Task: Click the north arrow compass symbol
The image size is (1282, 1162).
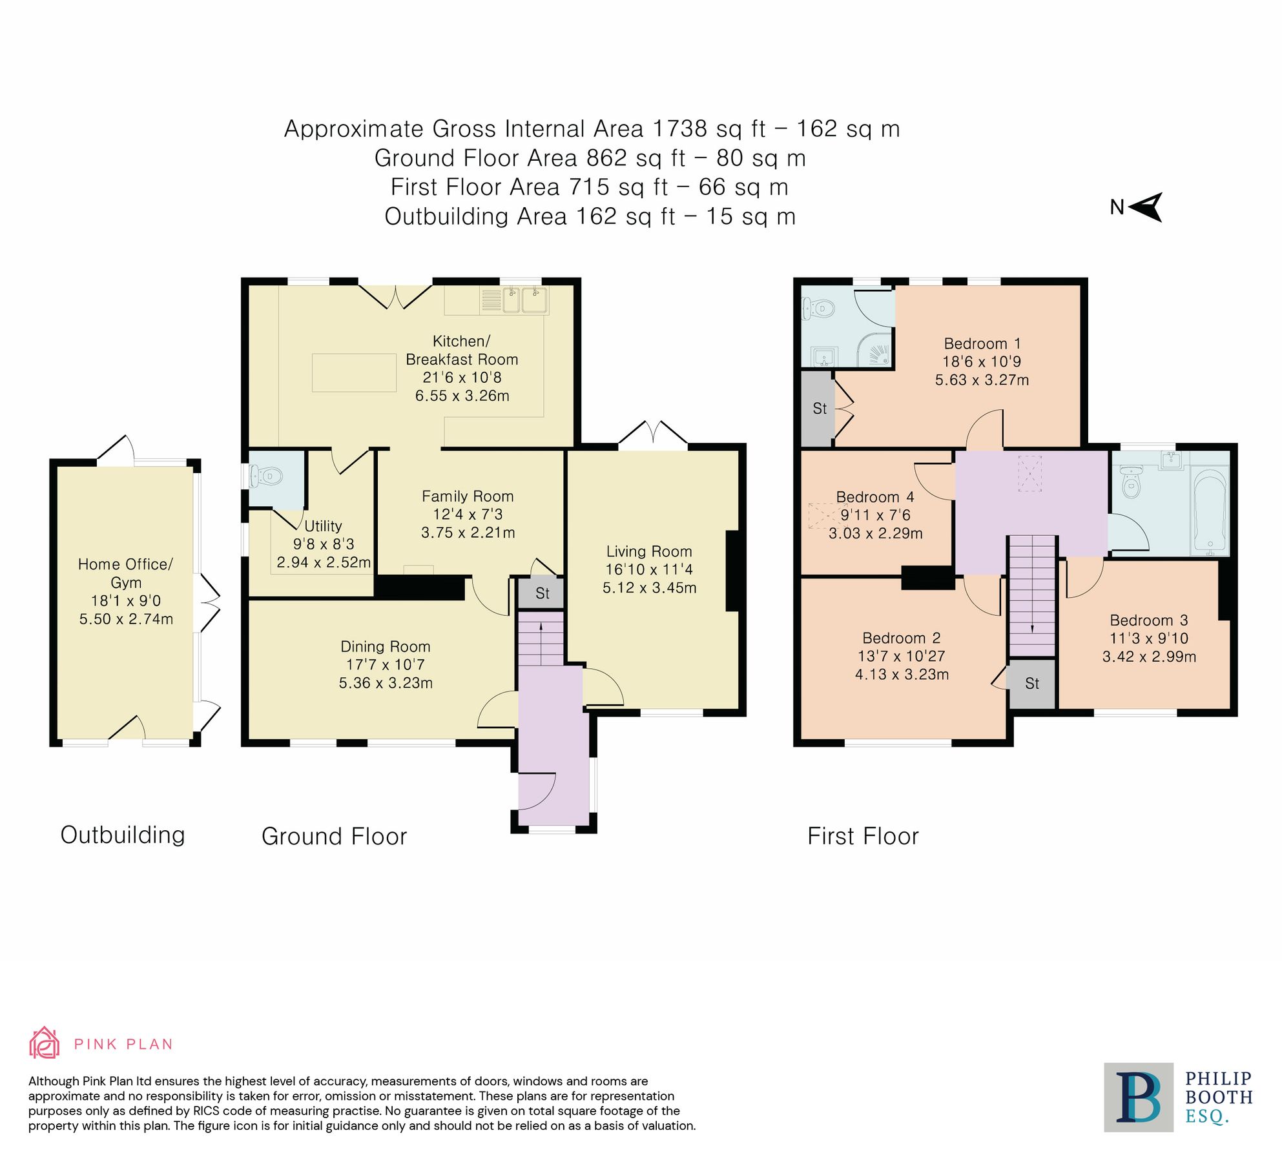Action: pyautogui.click(x=1146, y=207)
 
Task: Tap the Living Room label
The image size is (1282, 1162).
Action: pyautogui.click(x=648, y=551)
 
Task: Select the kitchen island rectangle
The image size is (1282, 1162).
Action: pyautogui.click(x=354, y=372)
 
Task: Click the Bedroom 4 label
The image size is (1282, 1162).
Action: pyautogui.click(x=874, y=497)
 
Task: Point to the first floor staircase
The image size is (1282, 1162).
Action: pyautogui.click(x=1032, y=594)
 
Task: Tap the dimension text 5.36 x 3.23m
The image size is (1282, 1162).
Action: pyautogui.click(x=386, y=683)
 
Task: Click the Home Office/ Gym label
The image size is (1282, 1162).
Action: pyautogui.click(x=125, y=573)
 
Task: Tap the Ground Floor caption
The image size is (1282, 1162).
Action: pyautogui.click(x=334, y=837)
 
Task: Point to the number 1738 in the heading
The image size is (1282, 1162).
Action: pyautogui.click(x=679, y=129)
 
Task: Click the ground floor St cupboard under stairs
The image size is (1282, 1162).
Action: pyautogui.click(x=542, y=593)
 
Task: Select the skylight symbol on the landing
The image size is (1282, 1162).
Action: pyautogui.click(x=1029, y=473)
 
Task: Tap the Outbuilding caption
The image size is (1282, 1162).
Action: pyautogui.click(x=123, y=835)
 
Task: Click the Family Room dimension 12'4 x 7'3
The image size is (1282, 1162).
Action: pyautogui.click(x=468, y=515)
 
